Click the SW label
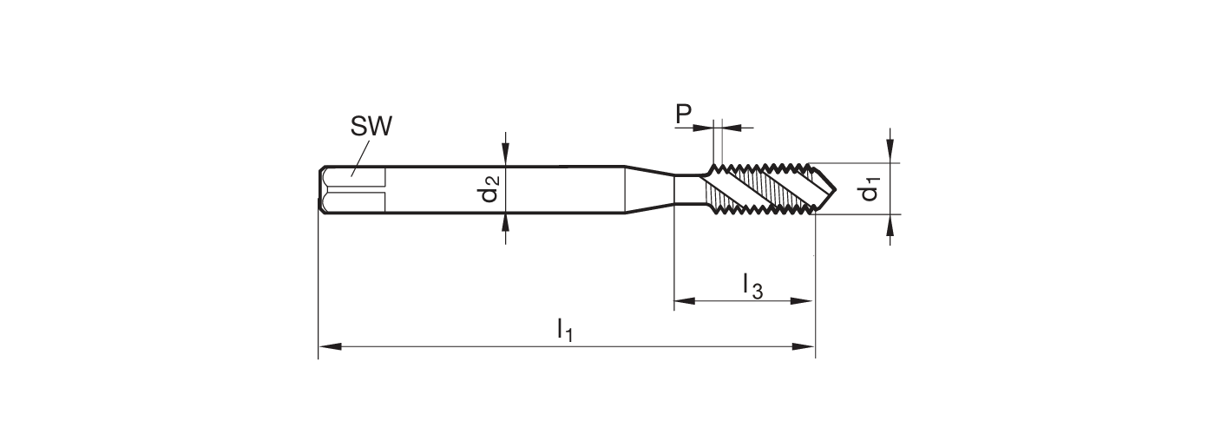pos(371,127)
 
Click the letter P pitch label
pos(683,115)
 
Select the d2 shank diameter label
pos(490,189)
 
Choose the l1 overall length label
pos(565,330)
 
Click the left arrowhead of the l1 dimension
pos(326,347)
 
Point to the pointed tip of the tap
pos(834,188)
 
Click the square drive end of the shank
pos(351,189)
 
